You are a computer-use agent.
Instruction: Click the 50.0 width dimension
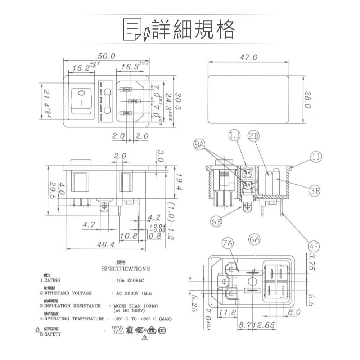(x=106, y=56)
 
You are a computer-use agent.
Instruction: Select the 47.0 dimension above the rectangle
(x=249, y=58)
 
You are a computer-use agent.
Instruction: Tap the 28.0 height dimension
(x=307, y=100)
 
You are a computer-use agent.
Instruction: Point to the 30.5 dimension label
(x=178, y=102)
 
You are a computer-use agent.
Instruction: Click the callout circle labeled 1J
(x=234, y=136)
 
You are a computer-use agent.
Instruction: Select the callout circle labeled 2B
(x=254, y=136)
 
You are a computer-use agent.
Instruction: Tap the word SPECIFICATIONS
(x=125, y=269)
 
